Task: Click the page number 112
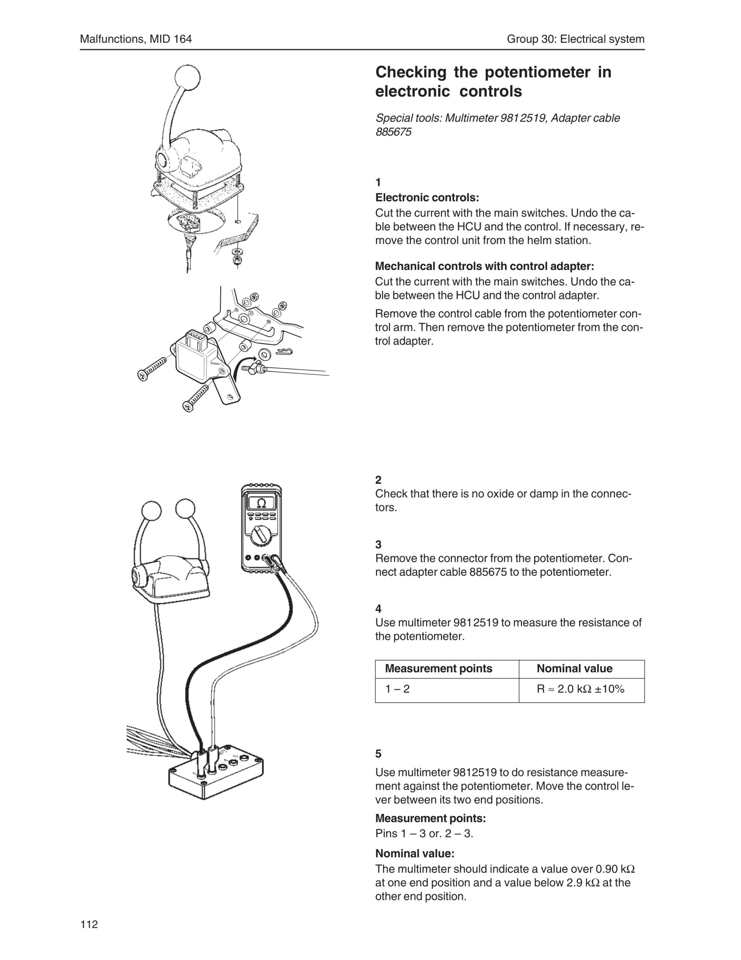coord(89,924)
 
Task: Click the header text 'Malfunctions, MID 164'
coord(136,39)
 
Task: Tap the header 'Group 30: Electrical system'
coord(575,39)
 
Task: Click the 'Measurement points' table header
coord(438,669)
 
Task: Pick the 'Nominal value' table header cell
coord(574,669)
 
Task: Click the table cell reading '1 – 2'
coord(397,689)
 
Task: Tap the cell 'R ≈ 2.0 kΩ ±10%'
coord(580,689)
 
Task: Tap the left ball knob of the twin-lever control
coord(152,511)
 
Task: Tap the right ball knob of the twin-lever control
coord(185,510)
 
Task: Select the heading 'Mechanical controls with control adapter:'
coord(484,266)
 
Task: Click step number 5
coord(378,754)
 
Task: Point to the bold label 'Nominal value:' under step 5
coord(415,853)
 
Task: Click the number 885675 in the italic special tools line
coord(394,132)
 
